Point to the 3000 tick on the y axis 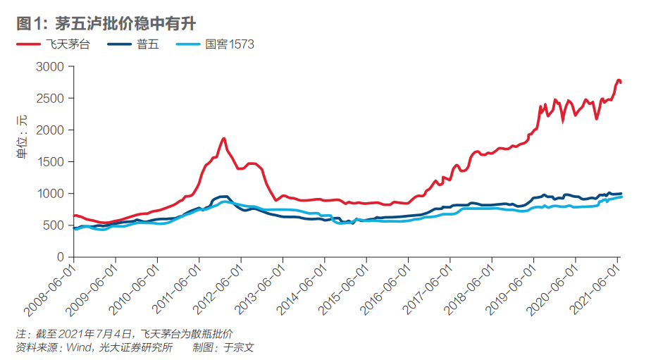[x=50, y=67]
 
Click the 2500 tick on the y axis [x=50, y=99]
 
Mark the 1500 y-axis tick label [x=50, y=162]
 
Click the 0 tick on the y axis [x=61, y=257]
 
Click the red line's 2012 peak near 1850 [x=223, y=139]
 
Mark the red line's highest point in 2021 [x=619, y=80]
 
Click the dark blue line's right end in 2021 [x=621, y=194]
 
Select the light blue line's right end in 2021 [x=621, y=197]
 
